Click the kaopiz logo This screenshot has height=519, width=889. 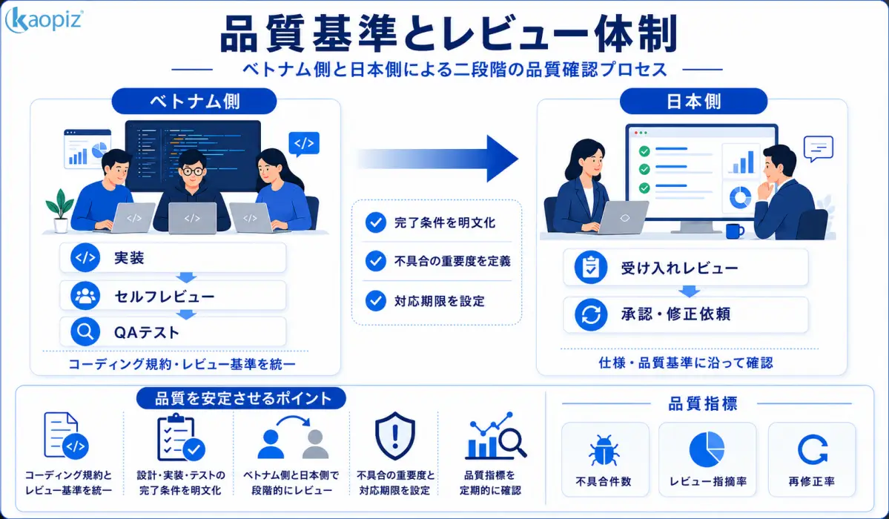[44, 21]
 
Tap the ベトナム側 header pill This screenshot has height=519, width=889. [194, 102]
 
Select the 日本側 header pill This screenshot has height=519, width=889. [693, 102]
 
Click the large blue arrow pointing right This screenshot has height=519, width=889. [437, 159]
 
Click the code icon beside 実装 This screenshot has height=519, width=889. [85, 258]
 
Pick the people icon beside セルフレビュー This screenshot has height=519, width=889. [85, 296]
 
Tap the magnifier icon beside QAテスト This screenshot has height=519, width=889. [85, 332]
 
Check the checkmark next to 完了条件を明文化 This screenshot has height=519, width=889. [375, 222]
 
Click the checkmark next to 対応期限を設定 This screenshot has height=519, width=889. [375, 300]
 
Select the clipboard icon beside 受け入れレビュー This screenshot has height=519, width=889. [591, 267]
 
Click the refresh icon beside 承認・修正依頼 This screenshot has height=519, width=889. [591, 314]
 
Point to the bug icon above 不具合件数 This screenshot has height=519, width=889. [604, 451]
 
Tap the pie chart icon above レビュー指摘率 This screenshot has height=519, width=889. [707, 449]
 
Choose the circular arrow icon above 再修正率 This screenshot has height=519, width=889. [812, 450]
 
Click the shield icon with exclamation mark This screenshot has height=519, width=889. [395, 436]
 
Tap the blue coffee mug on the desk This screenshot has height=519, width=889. [735, 231]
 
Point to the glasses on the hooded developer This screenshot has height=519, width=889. [193, 171]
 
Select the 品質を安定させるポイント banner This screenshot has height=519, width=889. [242, 398]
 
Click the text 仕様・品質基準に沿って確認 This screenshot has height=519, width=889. [685, 363]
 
